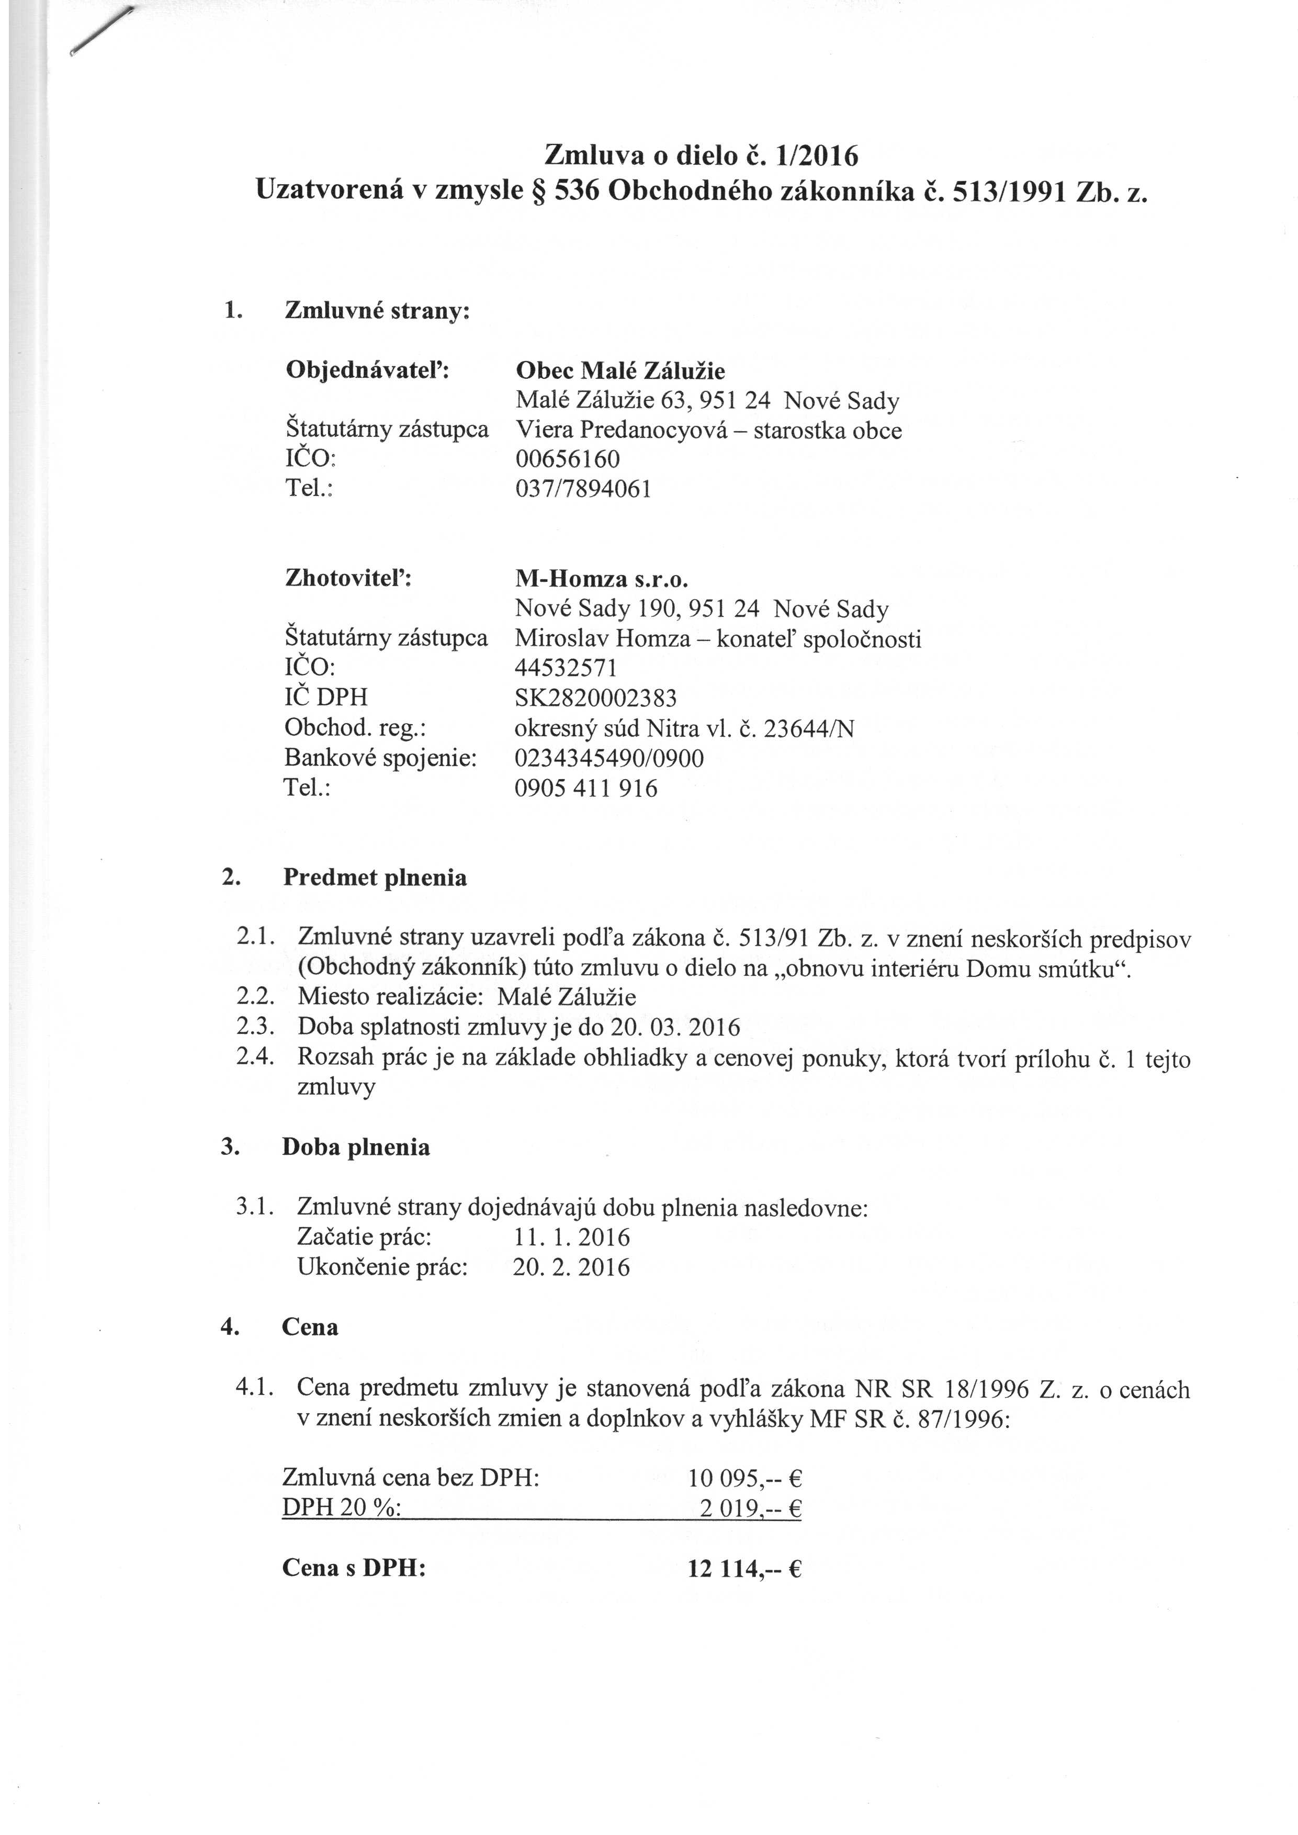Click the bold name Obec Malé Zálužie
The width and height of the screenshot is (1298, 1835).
(620, 371)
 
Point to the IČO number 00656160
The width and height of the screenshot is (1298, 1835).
(568, 459)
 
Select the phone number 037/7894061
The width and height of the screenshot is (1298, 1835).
(583, 488)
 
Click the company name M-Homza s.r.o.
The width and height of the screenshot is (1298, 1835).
(602, 579)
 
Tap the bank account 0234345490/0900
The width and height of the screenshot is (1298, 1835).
(609, 758)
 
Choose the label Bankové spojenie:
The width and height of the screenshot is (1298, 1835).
(380, 758)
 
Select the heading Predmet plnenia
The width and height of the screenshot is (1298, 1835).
(375, 877)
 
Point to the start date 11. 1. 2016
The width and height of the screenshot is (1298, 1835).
(571, 1238)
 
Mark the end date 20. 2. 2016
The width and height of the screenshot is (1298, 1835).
(571, 1268)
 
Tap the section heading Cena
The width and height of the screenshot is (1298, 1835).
(310, 1327)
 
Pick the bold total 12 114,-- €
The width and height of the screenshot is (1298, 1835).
(744, 1569)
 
